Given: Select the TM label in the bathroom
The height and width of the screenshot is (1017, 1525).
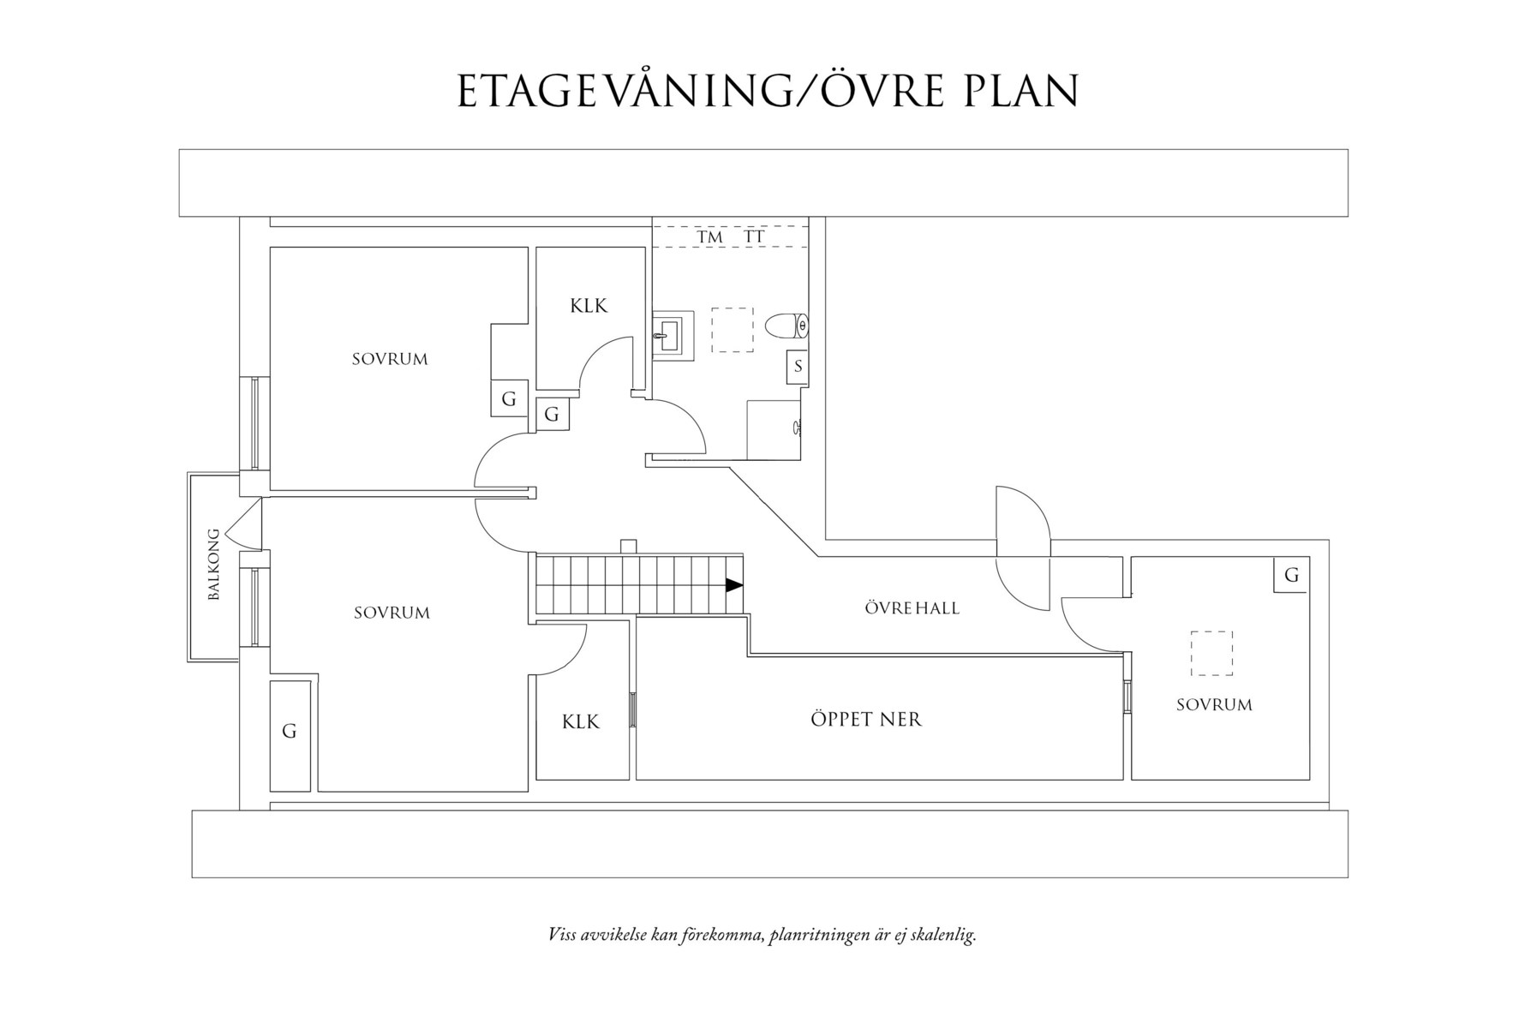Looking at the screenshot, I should [x=709, y=236].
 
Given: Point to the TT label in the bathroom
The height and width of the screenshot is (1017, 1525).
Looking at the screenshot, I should [x=754, y=236].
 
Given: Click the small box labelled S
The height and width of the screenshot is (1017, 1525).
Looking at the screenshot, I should [x=798, y=367].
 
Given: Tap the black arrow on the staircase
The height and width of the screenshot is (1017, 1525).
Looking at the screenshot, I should [x=734, y=585].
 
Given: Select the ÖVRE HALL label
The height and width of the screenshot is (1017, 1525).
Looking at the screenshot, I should [x=912, y=608].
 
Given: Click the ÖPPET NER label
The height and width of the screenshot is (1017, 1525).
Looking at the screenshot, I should [x=866, y=720].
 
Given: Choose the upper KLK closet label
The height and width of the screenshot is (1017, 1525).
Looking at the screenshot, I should [x=589, y=306].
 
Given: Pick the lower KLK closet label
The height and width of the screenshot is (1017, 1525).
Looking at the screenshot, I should [x=581, y=722].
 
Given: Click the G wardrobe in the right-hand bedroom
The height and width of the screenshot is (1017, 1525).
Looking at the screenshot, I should [x=1291, y=575].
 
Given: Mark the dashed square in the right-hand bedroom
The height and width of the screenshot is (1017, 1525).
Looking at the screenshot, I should [x=1211, y=654].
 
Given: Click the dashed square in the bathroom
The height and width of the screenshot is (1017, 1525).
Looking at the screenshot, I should [x=733, y=330].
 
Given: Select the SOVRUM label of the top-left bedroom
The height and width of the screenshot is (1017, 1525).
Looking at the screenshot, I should [x=390, y=360].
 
